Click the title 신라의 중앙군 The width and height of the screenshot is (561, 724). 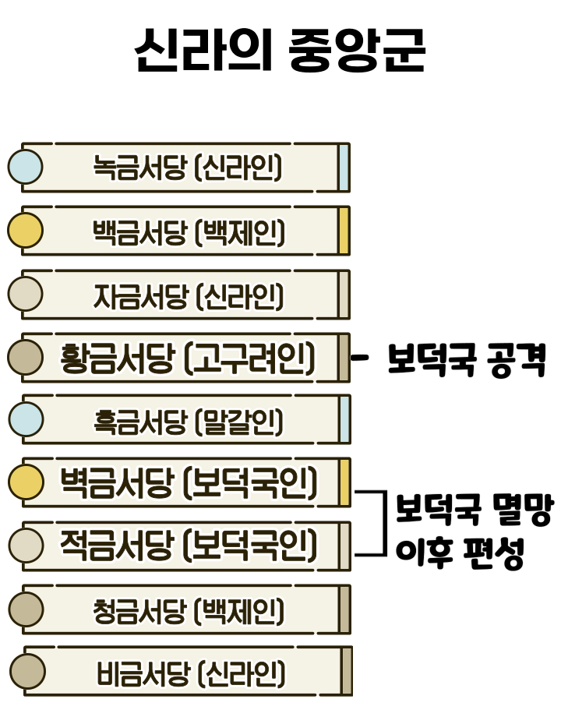coord(280,51)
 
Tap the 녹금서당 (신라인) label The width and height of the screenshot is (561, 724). coord(187,168)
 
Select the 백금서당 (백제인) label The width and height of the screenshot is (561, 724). coord(188,231)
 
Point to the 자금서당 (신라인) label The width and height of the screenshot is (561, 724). coord(188,295)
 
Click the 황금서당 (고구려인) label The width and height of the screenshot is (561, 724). coord(188,358)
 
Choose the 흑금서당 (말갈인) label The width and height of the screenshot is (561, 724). coord(188,422)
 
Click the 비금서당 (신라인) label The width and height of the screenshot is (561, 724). coord(191,673)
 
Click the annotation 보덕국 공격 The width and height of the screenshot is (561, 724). coord(467,361)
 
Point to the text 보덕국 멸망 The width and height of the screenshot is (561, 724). coord(474,510)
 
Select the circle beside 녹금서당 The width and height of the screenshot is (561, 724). coord(25,168)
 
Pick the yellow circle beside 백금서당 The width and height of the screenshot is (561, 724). coord(25,231)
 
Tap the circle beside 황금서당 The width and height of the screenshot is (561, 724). coord(25,358)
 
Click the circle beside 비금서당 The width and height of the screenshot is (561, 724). coord(27,671)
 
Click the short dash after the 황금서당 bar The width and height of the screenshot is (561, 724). coord(360,358)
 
